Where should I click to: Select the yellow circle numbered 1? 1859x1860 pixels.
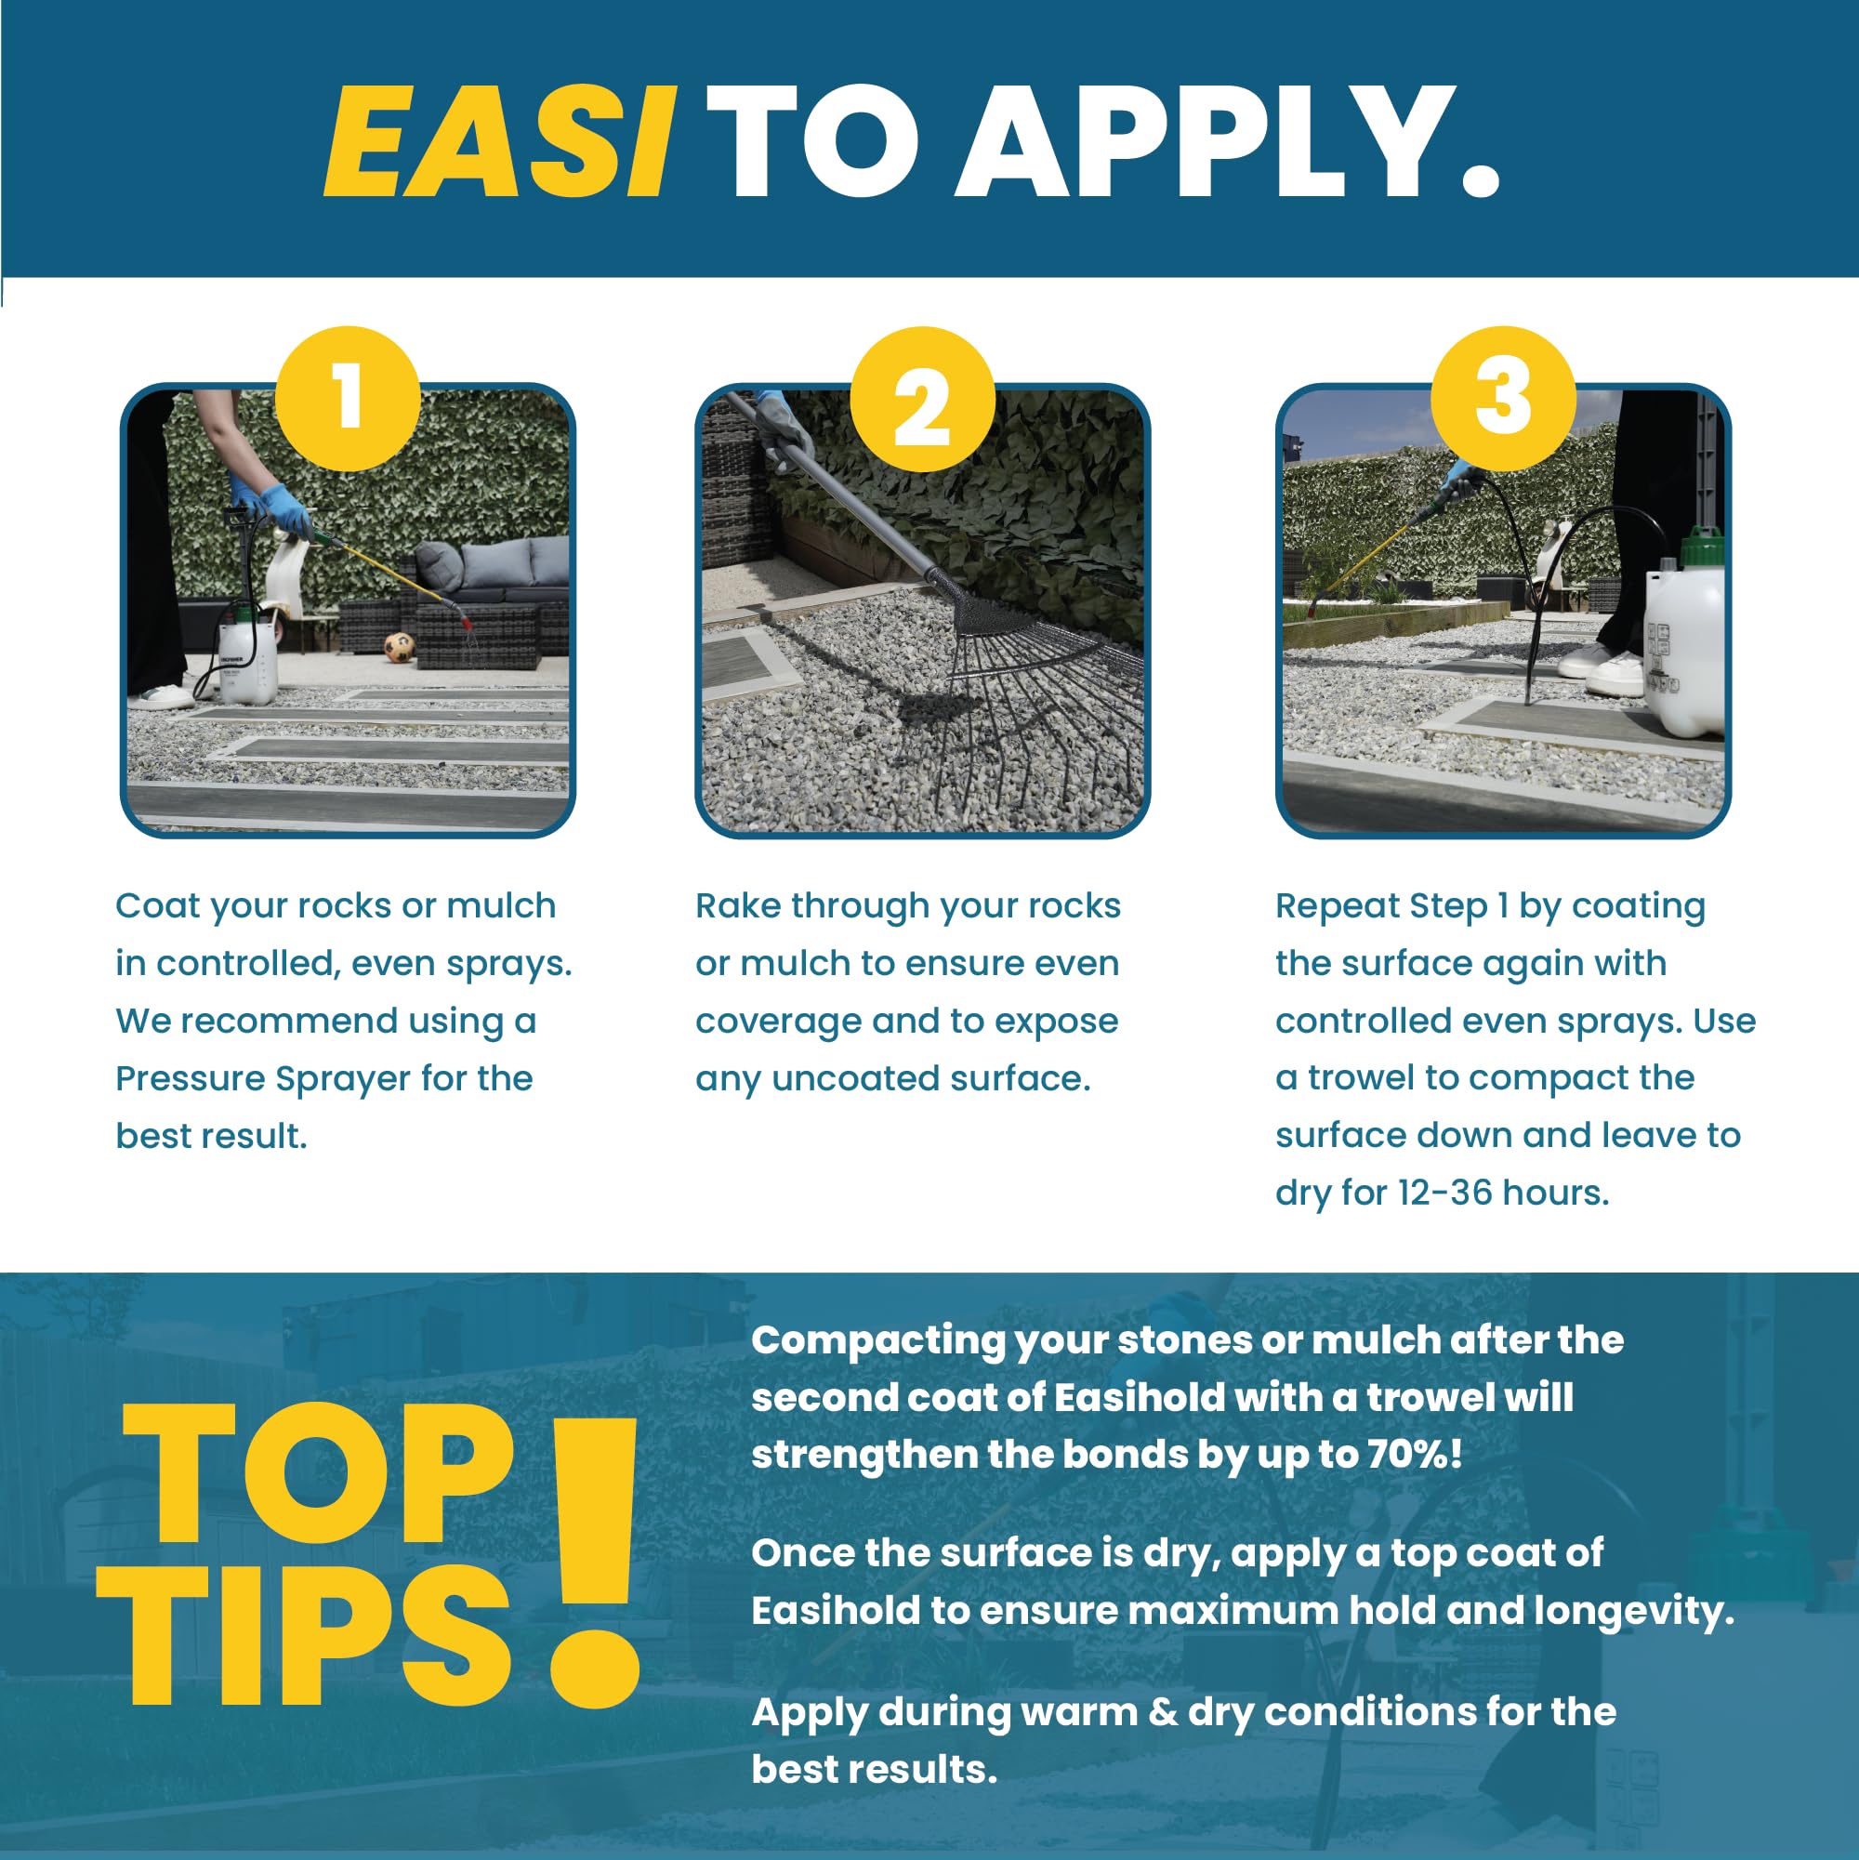[348, 399]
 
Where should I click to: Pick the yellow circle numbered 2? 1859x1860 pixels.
[922, 399]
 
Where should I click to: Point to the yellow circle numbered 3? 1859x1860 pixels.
[1503, 399]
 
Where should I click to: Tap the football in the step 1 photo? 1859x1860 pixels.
[399, 645]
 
